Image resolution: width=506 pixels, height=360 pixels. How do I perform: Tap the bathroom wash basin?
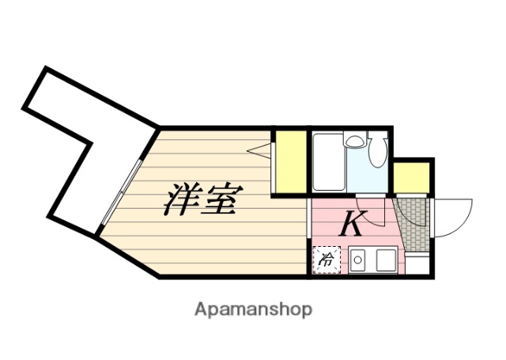pyautogui.click(x=356, y=142)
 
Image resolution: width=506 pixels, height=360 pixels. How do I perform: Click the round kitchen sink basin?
pyautogui.click(x=357, y=259)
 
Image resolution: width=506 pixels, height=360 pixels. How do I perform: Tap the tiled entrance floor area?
pyautogui.click(x=413, y=224)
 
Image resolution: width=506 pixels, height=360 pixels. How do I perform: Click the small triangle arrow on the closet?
pyautogui.click(x=258, y=150)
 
